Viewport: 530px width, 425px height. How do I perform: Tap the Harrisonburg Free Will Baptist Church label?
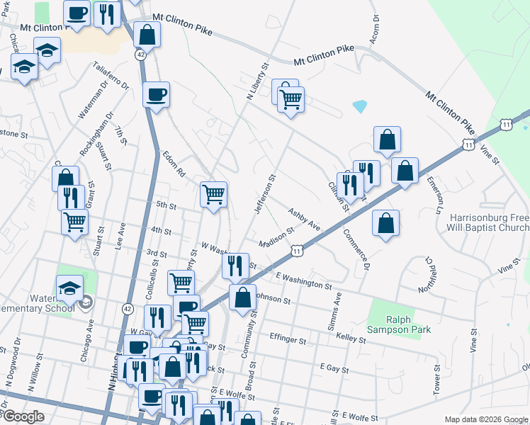pyautogui.click(x=487, y=222)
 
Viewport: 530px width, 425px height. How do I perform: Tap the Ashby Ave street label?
pyautogui.click(x=304, y=219)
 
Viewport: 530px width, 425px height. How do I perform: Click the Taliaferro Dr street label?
pyautogui.click(x=111, y=76)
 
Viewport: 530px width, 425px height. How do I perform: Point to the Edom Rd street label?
pyautogui.click(x=173, y=164)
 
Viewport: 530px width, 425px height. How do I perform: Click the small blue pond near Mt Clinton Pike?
pyautogui.click(x=360, y=107)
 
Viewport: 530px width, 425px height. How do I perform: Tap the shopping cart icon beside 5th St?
pyautogui.click(x=213, y=193)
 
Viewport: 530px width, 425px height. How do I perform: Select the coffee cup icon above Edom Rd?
pyautogui.click(x=157, y=93)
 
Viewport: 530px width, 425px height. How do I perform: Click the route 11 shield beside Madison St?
pyautogui.click(x=298, y=250)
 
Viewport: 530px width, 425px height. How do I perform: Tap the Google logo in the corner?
pyautogui.click(x=23, y=416)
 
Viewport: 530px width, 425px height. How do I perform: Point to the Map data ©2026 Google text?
pyautogui.click(x=486, y=419)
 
